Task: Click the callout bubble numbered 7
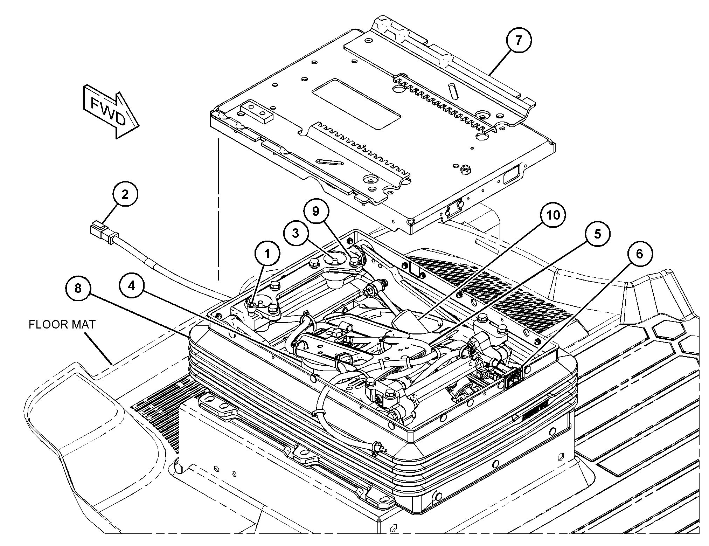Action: [x=518, y=41]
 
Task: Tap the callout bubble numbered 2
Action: [x=125, y=195]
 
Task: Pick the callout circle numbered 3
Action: [x=296, y=233]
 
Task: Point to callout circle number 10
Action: [x=554, y=216]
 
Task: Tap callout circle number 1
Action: [x=267, y=254]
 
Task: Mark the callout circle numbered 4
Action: [x=131, y=286]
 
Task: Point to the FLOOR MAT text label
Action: [x=62, y=325]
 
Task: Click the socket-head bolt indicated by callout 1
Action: [x=251, y=307]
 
